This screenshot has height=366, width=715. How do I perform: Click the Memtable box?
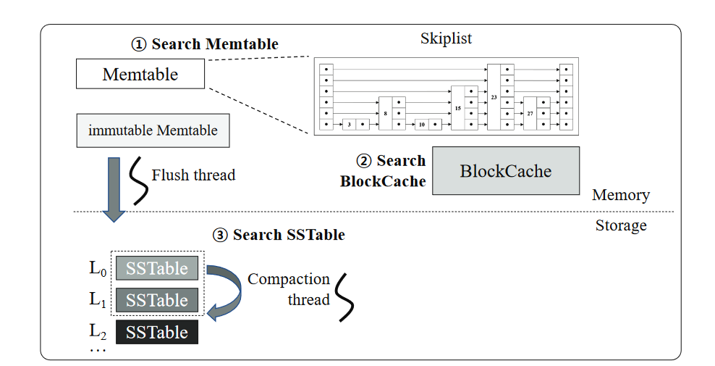[140, 74]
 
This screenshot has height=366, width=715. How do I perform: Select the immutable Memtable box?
[153, 131]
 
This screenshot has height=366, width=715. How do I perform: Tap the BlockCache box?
[506, 171]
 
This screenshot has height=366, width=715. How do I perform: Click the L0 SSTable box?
[156, 268]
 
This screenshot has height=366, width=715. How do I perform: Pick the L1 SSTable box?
[156, 300]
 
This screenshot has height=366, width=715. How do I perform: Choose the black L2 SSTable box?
[156, 332]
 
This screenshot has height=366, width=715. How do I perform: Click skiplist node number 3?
[349, 125]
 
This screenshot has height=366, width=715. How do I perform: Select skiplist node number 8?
[386, 114]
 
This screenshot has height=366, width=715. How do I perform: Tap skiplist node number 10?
[421, 125]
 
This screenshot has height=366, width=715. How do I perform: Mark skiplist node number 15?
[458, 108]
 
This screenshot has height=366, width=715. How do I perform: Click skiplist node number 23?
[494, 96]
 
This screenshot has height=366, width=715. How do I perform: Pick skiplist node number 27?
[530, 114]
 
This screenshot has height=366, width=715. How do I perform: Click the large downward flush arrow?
[114, 188]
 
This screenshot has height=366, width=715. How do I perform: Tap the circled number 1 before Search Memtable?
[138, 44]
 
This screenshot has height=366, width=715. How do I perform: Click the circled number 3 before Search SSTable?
[220, 235]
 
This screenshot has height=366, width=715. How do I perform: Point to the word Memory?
[620, 195]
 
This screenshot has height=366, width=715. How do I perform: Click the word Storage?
[620, 225]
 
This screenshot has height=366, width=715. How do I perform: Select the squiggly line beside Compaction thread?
[346, 296]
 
